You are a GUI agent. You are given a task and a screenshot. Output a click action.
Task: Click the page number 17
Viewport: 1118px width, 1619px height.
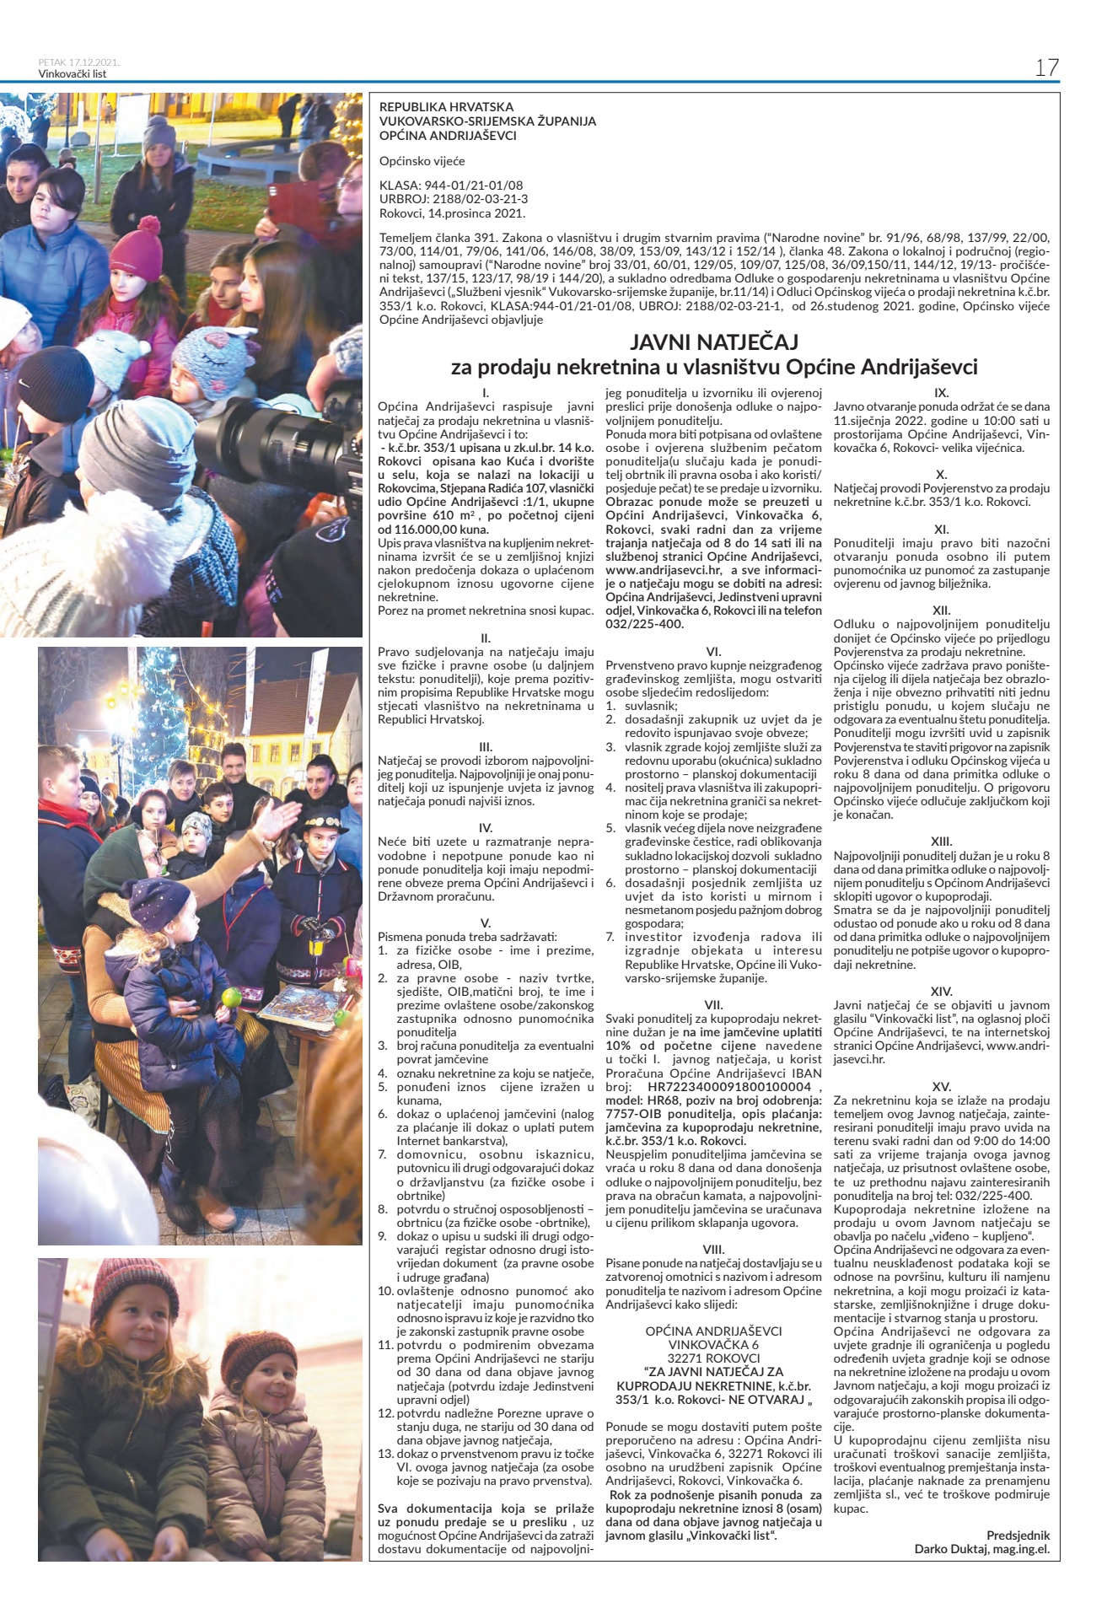[1046, 67]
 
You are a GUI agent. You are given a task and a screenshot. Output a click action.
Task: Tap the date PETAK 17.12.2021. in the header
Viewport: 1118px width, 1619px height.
[79, 62]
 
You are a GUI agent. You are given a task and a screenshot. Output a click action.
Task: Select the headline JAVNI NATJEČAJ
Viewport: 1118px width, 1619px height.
[713, 342]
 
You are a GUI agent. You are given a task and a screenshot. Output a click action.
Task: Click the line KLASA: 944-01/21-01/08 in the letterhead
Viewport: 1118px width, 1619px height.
[451, 185]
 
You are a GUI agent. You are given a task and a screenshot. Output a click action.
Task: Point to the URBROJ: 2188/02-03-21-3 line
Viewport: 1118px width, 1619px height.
[454, 199]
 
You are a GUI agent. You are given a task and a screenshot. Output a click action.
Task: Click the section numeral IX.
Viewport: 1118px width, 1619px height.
[942, 392]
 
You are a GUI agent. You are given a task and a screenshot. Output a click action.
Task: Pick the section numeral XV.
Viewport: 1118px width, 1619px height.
[942, 1086]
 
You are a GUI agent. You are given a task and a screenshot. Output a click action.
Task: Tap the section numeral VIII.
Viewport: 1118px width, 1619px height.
[713, 1249]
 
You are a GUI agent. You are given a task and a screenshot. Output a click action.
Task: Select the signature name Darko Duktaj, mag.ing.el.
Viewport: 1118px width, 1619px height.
[982, 1549]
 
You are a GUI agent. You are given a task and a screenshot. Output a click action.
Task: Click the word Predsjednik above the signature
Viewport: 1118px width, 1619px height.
[1019, 1536]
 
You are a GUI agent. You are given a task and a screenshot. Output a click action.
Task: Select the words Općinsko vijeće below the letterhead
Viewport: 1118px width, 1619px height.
[422, 161]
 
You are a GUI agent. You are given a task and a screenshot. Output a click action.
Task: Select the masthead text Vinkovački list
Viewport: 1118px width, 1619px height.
[73, 73]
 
